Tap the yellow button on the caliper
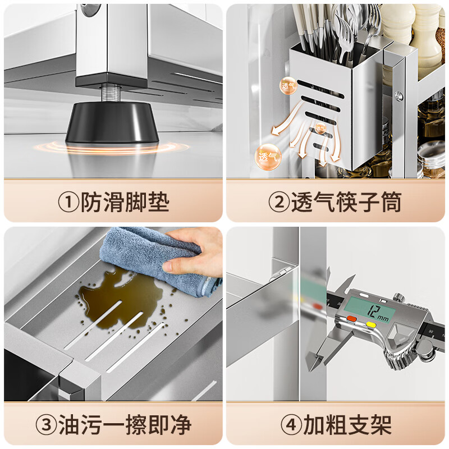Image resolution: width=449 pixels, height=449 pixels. coord(372,324)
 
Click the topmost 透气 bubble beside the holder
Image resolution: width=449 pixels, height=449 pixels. coord(288,86)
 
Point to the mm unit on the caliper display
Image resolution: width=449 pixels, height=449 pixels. coord(383,318)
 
